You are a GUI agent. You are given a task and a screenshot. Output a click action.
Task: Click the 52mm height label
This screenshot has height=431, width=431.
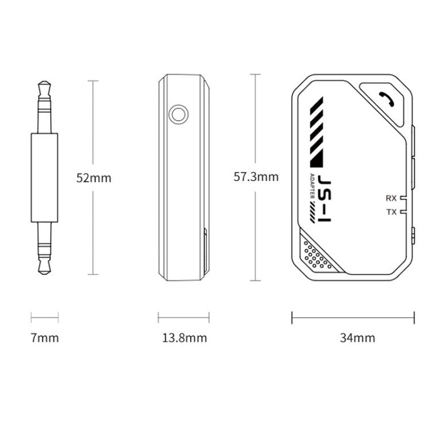(x=94, y=178)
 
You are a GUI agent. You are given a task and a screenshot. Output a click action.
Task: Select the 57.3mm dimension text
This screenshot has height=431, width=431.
(x=256, y=176)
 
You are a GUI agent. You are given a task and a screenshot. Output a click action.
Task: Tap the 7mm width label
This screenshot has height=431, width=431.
(x=45, y=338)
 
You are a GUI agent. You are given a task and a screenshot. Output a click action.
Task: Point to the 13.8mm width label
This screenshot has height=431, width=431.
(x=184, y=338)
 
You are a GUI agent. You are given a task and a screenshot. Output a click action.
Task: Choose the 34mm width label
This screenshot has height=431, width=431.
(x=357, y=338)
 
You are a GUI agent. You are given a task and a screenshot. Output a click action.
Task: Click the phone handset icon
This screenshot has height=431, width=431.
(x=387, y=99)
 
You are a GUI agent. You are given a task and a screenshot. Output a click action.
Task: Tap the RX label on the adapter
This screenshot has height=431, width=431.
(x=391, y=198)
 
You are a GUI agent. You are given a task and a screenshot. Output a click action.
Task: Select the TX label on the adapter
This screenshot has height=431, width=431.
(x=391, y=212)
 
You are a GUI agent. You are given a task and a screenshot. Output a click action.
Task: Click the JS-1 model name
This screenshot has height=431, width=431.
(x=325, y=198)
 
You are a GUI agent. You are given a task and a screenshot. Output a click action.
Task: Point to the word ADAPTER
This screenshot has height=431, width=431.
(x=312, y=186)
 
